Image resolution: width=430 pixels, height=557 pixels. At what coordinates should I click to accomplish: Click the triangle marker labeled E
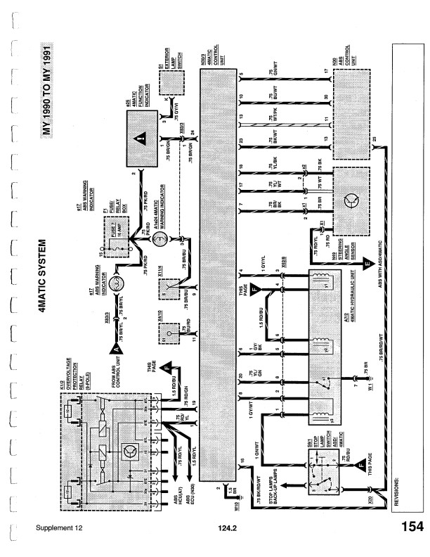tap(366, 265)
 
